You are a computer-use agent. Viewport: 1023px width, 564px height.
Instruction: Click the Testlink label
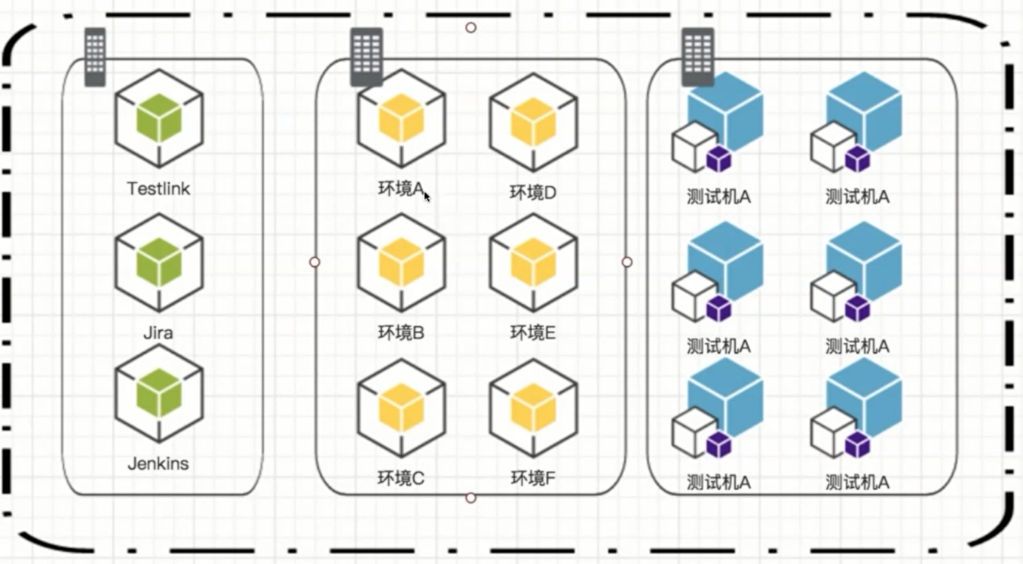(158, 189)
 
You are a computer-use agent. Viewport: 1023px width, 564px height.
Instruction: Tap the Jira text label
(158, 333)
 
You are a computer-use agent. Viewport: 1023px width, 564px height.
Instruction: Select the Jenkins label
(158, 464)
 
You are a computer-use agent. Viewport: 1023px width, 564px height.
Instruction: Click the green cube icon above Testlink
(159, 118)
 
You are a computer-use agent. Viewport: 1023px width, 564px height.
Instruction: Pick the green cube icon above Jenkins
(159, 394)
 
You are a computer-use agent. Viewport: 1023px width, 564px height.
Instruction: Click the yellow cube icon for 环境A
(402, 118)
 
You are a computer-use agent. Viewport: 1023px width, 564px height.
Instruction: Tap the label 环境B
(402, 333)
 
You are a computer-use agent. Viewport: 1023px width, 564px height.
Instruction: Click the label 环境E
(533, 333)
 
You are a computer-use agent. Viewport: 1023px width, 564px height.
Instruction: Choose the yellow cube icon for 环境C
(402, 408)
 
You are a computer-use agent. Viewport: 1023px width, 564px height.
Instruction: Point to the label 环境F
(533, 478)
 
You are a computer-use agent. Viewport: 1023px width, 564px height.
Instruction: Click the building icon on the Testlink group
(96, 57)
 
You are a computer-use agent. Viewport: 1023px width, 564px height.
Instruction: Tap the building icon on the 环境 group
(366, 57)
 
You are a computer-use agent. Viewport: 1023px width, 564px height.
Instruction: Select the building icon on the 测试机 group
(698, 57)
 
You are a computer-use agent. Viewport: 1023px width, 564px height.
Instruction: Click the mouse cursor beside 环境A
(427, 197)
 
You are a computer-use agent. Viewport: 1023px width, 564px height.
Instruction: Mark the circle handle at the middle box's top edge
(471, 28)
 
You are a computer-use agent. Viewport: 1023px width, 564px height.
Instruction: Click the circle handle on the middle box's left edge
(314, 262)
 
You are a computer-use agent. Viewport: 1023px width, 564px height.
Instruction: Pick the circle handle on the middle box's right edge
(627, 262)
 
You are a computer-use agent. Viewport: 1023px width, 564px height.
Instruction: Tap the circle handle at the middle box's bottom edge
(471, 498)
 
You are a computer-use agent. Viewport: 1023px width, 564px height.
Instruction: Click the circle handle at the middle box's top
(471, 28)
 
